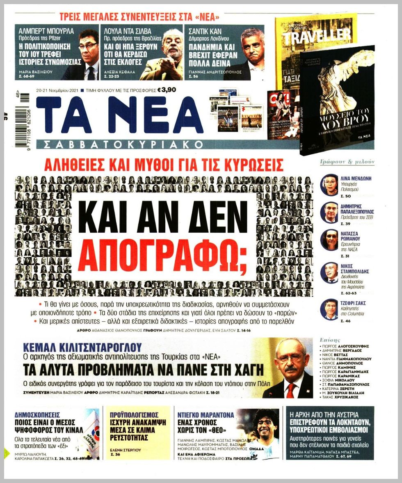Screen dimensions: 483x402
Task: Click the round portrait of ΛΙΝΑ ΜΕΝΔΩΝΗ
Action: [329, 185]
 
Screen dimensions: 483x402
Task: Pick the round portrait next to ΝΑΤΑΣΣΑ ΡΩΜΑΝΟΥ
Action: [329, 240]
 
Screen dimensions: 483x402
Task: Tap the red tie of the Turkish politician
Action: [290, 390]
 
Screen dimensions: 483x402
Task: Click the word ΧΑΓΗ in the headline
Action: [245, 369]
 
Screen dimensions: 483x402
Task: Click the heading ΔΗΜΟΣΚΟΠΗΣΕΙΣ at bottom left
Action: [38, 414]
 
